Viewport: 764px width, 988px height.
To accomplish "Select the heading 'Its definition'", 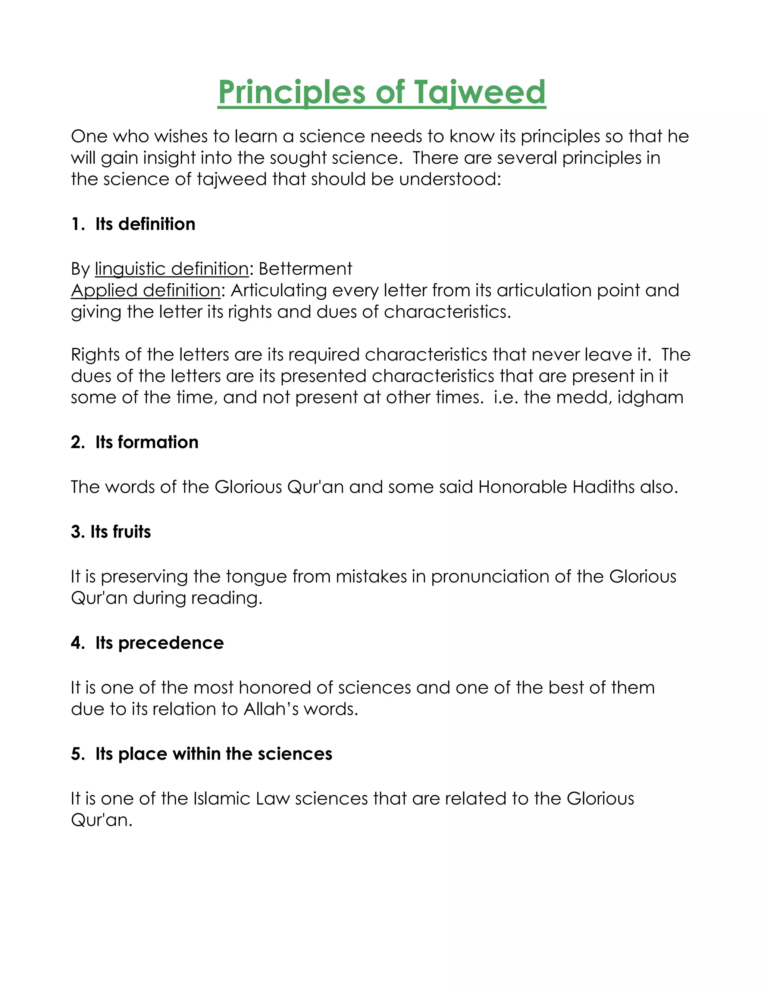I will (x=145, y=224).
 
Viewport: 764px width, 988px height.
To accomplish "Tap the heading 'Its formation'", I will (x=147, y=442).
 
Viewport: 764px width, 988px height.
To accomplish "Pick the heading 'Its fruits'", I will (x=120, y=532).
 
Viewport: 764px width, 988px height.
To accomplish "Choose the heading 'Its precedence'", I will (x=159, y=643).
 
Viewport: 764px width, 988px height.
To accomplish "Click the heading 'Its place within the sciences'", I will (x=214, y=753).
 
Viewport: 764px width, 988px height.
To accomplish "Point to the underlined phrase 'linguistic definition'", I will (x=172, y=269).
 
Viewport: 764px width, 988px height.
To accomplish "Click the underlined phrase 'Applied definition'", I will (x=145, y=290).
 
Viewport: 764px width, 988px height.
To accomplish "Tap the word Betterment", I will (x=306, y=269).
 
